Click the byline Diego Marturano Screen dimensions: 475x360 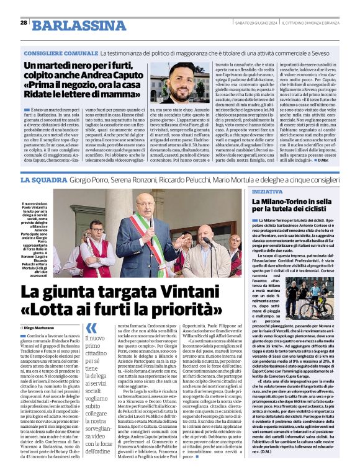pos(41,327)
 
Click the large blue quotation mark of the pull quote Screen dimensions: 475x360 pos(91,328)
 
